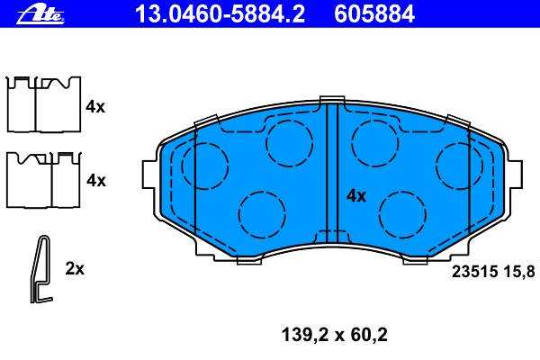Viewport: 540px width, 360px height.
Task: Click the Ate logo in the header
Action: tap(40, 15)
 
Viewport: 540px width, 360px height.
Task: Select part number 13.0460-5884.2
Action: tap(220, 14)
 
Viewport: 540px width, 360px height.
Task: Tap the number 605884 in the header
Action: tap(374, 14)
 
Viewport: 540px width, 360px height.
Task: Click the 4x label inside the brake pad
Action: tap(356, 196)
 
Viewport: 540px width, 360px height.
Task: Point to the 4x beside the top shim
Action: tap(95, 107)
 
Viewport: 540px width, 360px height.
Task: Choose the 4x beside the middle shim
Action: tap(96, 180)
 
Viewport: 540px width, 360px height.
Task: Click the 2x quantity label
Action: tap(75, 269)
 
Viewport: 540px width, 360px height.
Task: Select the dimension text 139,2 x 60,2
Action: tap(335, 335)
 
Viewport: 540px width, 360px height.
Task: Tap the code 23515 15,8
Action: tap(493, 272)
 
